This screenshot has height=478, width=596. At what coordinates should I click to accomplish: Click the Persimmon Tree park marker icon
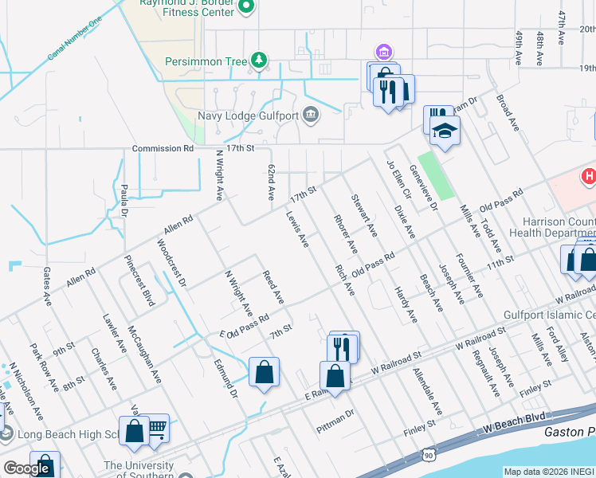tap(258, 61)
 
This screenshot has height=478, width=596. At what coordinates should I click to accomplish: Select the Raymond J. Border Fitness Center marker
tap(246, 6)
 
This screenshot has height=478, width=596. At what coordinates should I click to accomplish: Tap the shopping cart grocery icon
tap(156, 427)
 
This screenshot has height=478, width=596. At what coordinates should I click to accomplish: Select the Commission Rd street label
tap(163, 148)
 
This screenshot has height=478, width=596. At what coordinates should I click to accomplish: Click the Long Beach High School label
tap(69, 435)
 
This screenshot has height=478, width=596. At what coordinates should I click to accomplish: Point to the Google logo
tap(26, 468)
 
